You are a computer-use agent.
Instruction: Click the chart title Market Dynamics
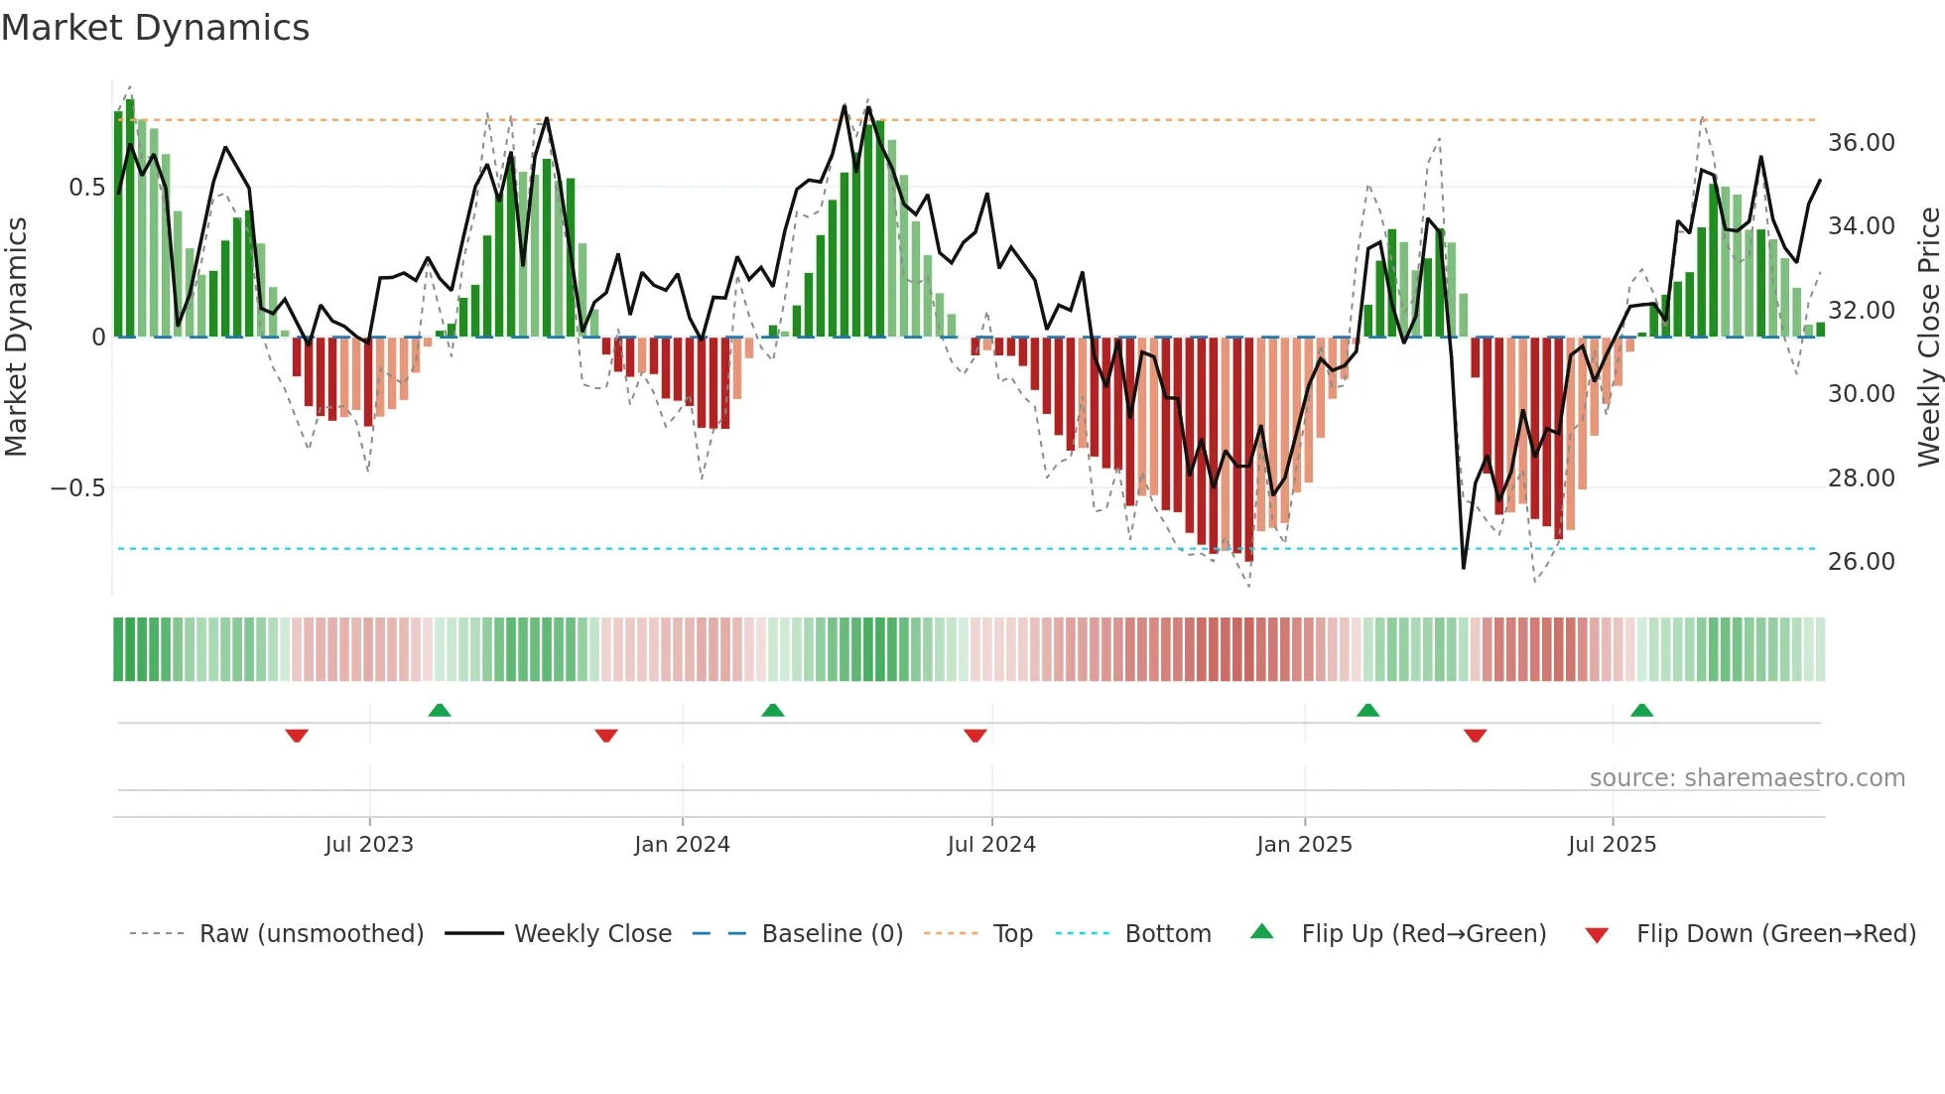[155, 28]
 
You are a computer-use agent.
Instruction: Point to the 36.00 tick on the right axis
[1861, 143]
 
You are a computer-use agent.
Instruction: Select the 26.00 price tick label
[1861, 562]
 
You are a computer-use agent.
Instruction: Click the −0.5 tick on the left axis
[77, 488]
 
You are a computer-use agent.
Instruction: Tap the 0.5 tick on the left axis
[86, 188]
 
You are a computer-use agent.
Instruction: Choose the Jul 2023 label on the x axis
[369, 845]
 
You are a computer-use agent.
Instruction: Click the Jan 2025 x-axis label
[1304, 845]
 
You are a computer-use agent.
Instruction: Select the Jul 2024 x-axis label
[991, 845]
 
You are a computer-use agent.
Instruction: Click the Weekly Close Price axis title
[1928, 337]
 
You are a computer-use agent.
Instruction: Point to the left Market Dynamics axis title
[16, 337]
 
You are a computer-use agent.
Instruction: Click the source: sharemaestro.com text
[1747, 778]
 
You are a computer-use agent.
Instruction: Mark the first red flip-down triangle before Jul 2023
[297, 736]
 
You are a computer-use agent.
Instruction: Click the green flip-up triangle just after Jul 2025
[1641, 710]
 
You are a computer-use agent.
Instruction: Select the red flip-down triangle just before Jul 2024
[974, 736]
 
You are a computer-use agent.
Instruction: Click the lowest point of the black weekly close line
[1464, 568]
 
